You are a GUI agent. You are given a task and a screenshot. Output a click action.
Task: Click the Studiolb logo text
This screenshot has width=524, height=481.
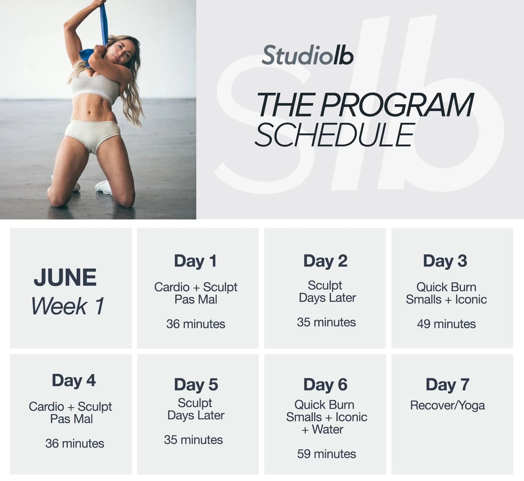(x=307, y=55)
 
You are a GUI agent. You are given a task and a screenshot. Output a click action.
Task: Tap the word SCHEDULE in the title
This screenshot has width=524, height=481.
(x=334, y=135)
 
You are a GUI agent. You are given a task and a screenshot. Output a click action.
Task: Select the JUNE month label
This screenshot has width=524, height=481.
(x=65, y=277)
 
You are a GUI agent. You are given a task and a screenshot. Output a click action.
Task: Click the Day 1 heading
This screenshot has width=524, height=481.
(x=195, y=261)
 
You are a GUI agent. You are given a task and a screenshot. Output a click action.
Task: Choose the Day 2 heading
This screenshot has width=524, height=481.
(x=325, y=261)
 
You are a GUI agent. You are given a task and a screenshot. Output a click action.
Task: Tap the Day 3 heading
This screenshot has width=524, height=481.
(x=445, y=261)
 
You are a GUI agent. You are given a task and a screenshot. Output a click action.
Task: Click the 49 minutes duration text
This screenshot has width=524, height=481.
(x=446, y=324)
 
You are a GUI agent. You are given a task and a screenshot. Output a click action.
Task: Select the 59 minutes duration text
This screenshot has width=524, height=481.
(x=327, y=454)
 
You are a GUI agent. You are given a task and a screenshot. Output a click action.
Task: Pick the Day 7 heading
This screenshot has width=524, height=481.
(x=447, y=385)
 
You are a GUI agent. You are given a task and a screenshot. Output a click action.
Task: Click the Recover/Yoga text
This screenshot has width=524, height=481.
(x=447, y=406)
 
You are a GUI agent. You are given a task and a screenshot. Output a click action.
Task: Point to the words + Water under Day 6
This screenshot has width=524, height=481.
(x=322, y=429)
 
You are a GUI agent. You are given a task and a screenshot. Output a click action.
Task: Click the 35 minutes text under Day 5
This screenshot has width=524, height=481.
(x=193, y=440)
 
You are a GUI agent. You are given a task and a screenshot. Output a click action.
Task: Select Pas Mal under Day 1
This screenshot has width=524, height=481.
(x=196, y=300)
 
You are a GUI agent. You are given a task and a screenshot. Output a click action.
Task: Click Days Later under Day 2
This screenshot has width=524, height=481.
(x=327, y=298)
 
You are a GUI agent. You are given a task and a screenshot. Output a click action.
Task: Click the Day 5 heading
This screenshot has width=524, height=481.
(x=196, y=385)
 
